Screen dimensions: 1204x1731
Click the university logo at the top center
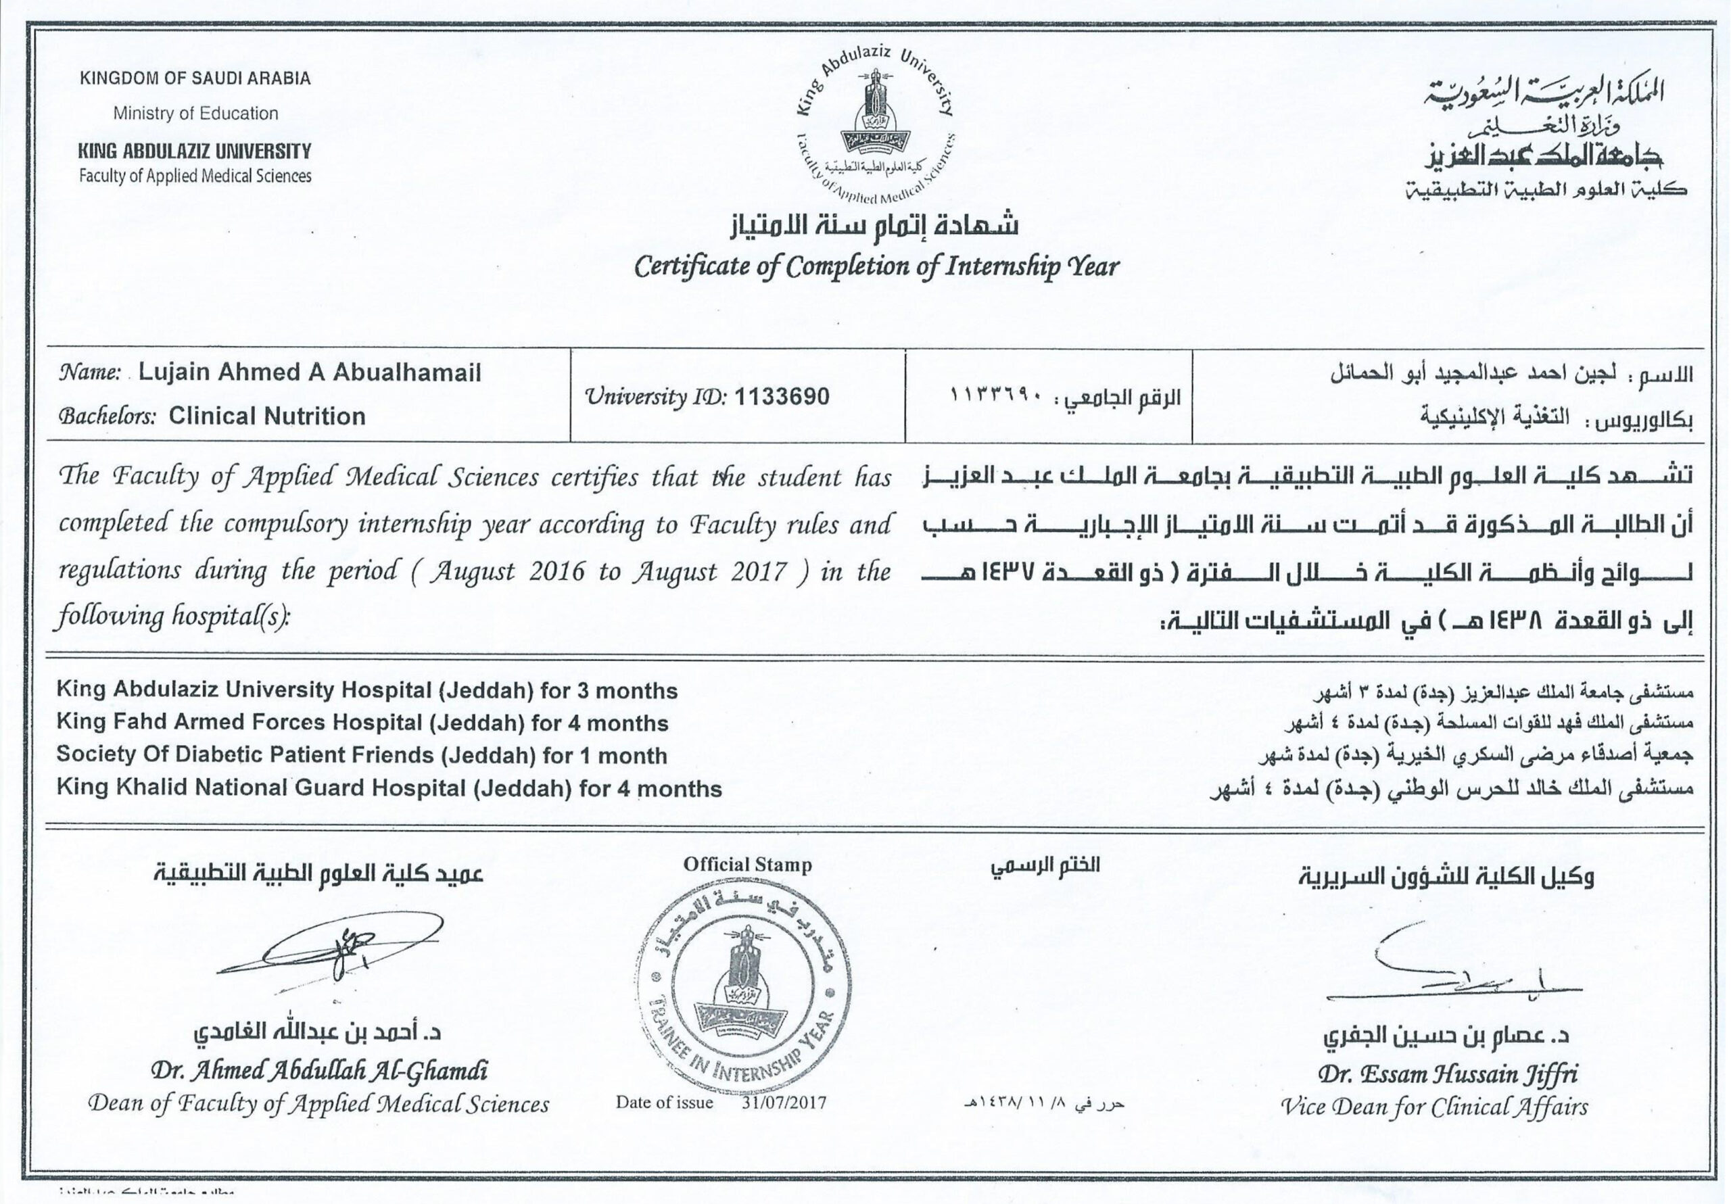click(x=874, y=124)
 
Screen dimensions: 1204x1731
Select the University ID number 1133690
click(x=781, y=397)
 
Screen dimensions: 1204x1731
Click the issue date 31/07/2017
click(x=784, y=1102)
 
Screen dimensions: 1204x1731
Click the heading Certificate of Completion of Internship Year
click(x=876, y=266)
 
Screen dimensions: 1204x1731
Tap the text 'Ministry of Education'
click(x=195, y=114)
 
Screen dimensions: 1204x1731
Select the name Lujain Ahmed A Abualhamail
click(x=309, y=372)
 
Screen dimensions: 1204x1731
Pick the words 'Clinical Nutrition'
click(x=267, y=416)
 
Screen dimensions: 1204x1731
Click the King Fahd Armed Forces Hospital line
click(x=362, y=723)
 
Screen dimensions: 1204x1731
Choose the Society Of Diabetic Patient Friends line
click(x=361, y=755)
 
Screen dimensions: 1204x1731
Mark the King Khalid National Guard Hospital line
click(x=388, y=789)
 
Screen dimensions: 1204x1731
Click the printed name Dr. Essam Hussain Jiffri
click(x=1447, y=1074)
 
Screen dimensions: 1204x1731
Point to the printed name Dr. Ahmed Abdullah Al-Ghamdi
click(x=319, y=1071)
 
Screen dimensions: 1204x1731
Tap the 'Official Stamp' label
click(x=747, y=865)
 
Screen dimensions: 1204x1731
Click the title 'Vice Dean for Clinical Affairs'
click(x=1433, y=1106)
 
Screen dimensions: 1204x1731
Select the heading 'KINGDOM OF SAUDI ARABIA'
click(x=195, y=78)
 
